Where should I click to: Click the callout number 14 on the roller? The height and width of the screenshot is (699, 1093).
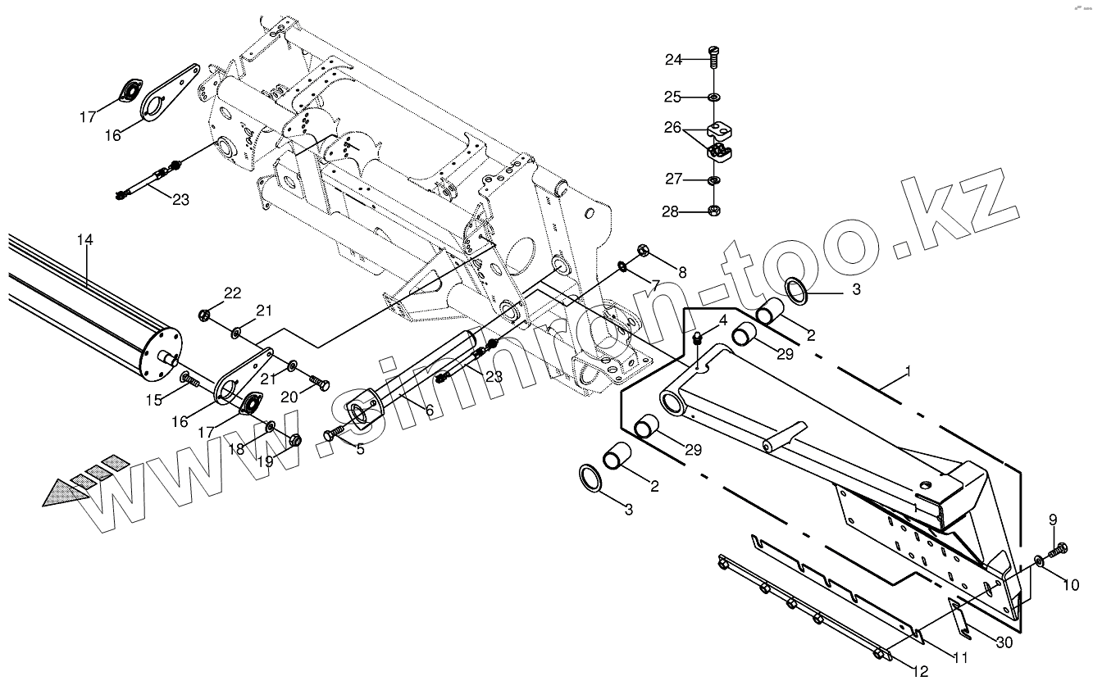point(85,240)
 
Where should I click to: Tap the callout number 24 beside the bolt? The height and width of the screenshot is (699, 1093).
point(674,59)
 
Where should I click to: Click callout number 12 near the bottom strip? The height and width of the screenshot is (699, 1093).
point(920,673)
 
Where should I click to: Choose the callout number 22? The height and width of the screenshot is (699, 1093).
point(233,293)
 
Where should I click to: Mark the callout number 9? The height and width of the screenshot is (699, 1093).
point(1053,520)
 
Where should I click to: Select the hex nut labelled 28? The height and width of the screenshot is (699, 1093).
point(714,211)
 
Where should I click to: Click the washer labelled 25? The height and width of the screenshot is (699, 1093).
point(714,98)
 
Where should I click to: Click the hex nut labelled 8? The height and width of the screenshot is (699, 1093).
point(644,251)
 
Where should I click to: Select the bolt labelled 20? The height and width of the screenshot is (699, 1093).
point(321,382)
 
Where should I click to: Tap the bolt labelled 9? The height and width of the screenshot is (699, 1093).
point(1060,548)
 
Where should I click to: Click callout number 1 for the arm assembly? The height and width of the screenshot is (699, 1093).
point(908,372)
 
